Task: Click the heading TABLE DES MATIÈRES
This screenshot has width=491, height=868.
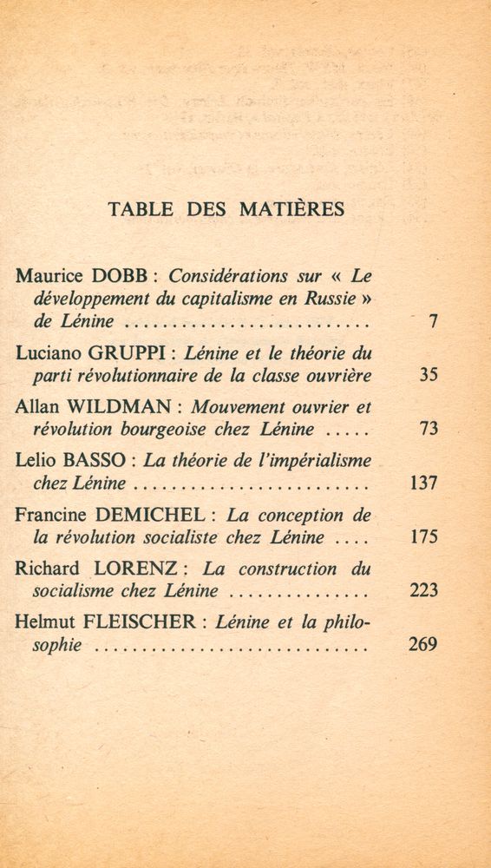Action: coord(226,209)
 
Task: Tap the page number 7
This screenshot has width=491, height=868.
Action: coord(431,322)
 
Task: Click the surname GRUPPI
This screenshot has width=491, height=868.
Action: coord(153,353)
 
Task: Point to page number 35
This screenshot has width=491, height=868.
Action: coord(427,376)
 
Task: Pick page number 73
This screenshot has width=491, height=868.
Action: coord(427,430)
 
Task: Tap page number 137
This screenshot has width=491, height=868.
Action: coord(422,483)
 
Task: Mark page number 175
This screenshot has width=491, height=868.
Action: coord(422,537)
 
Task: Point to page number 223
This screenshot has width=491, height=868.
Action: coord(422,592)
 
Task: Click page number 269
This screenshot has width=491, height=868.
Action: coord(422,646)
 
